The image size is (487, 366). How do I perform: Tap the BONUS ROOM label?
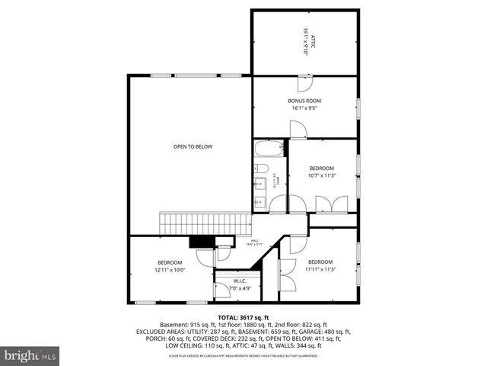pyautogui.click(x=304, y=101)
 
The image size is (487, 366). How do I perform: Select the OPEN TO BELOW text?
pyautogui.click(x=193, y=146)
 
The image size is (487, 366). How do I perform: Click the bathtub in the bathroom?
pyautogui.click(x=269, y=149)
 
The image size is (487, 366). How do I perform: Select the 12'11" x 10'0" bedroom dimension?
pyautogui.click(x=170, y=269)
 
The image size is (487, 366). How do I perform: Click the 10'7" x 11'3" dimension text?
pyautogui.click(x=322, y=175)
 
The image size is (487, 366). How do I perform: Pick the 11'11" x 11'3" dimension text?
pyautogui.click(x=320, y=268)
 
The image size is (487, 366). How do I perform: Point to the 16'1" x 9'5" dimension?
pyautogui.click(x=304, y=108)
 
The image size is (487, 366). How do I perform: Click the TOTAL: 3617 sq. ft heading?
pyautogui.click(x=243, y=316)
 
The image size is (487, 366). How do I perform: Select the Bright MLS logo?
pyautogui.click(x=30, y=355)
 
